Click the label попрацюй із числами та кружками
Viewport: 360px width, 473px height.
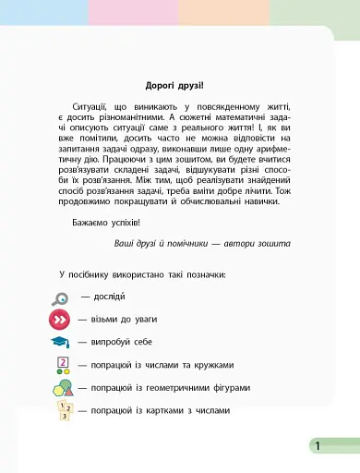pyautogui.click(x=162, y=364)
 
